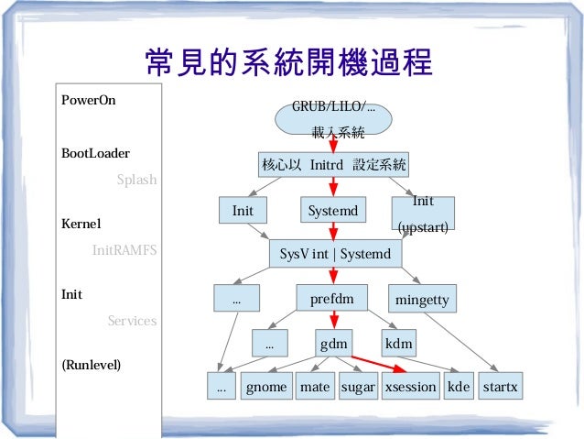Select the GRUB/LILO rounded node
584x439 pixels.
pos(333,117)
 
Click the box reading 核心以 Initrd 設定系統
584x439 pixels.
pos(333,166)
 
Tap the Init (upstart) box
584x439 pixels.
pos(423,213)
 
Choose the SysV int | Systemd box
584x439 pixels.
pos(333,253)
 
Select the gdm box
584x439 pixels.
pos(333,345)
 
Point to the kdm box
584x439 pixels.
pos(399,345)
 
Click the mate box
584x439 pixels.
pos(315,387)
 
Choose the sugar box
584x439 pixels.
pos(358,387)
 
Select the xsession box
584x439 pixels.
pos(410,387)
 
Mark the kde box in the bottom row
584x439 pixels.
pos(459,387)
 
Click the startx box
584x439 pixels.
pos(500,387)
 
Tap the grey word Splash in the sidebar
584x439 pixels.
pos(136,181)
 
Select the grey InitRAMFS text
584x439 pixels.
pos(125,248)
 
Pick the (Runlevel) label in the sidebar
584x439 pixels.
pos(91,365)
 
